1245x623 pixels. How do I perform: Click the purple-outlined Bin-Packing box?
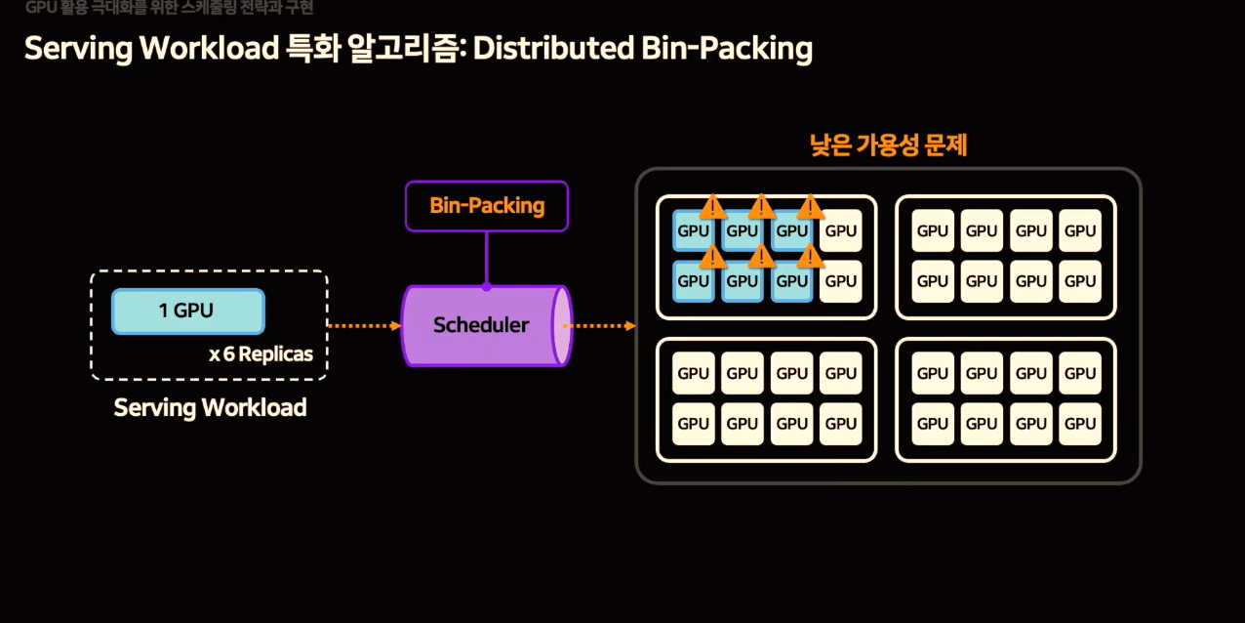(x=486, y=206)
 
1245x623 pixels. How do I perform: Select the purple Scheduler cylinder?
(x=480, y=325)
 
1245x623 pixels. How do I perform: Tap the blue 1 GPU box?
(x=187, y=311)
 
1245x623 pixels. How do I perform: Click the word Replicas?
(x=277, y=353)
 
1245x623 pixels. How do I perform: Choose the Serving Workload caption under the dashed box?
(x=210, y=407)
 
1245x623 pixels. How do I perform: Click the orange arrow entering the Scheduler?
(x=364, y=325)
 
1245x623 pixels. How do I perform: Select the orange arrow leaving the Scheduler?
(x=599, y=325)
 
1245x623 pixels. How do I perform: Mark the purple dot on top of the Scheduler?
(x=486, y=286)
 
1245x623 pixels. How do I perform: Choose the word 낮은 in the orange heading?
(x=829, y=146)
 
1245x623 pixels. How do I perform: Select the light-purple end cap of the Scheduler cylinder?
(x=561, y=325)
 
